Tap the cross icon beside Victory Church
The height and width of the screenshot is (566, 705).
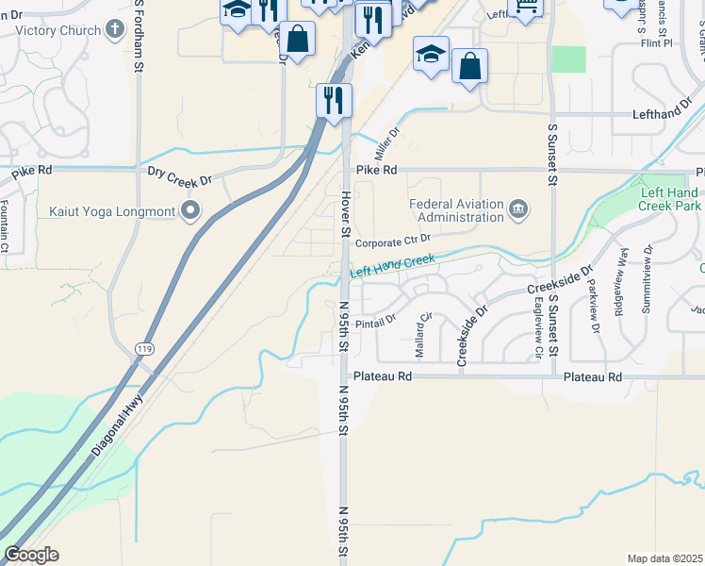pyautogui.click(x=115, y=30)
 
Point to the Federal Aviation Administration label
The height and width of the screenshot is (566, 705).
pyautogui.click(x=457, y=210)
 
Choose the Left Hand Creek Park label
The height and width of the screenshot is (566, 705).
pyautogui.click(x=670, y=198)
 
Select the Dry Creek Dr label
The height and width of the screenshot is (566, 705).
pyautogui.click(x=181, y=172)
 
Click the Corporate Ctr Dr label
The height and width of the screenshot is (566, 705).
pyautogui.click(x=393, y=241)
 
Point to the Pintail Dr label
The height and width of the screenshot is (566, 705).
pyautogui.click(x=377, y=319)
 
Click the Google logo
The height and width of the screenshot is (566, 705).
pyautogui.click(x=32, y=555)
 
